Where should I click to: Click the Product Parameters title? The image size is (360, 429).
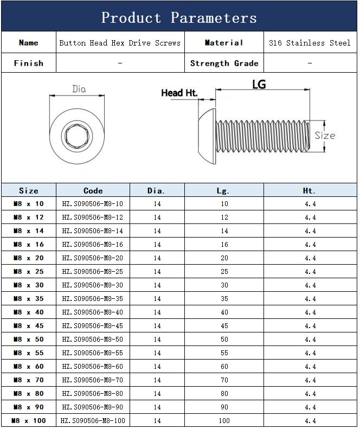pyautogui.click(x=179, y=18)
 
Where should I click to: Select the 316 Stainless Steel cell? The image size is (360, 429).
pyautogui.click(x=310, y=43)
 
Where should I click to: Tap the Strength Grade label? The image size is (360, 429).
pyautogui.click(x=224, y=63)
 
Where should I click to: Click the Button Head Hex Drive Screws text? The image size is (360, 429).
pyautogui.click(x=120, y=43)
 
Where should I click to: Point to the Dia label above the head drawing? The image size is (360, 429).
pyautogui.click(x=79, y=89)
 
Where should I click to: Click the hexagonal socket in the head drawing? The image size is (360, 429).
pyautogui.click(x=77, y=136)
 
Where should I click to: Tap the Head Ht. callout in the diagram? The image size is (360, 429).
pyautogui.click(x=179, y=93)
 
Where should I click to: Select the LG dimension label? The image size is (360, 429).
pyautogui.click(x=259, y=84)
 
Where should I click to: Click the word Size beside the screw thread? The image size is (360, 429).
pyautogui.click(x=325, y=136)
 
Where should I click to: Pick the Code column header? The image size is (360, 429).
pyautogui.click(x=93, y=191)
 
